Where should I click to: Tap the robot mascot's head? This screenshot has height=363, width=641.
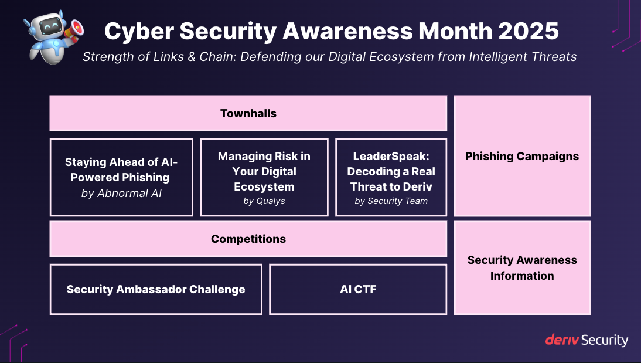click(x=45, y=25)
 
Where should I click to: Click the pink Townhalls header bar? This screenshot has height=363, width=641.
click(x=248, y=113)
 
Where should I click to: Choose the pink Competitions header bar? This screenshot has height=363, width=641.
click(x=248, y=239)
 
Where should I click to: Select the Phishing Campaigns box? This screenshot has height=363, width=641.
click(x=521, y=156)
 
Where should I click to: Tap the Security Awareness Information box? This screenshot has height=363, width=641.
click(x=521, y=267)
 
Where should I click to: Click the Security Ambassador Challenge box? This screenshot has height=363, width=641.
click(x=155, y=289)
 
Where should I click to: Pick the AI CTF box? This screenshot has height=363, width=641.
click(x=358, y=289)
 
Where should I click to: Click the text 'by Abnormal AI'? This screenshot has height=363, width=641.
click(x=121, y=193)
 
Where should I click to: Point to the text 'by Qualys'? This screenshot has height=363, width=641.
click(x=264, y=201)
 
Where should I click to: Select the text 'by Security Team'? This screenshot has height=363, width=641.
click(x=391, y=201)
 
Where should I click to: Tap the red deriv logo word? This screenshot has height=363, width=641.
click(x=562, y=340)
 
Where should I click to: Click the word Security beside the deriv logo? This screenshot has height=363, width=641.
click(x=605, y=340)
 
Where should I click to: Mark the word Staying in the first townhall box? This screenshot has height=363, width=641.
click(x=86, y=162)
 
